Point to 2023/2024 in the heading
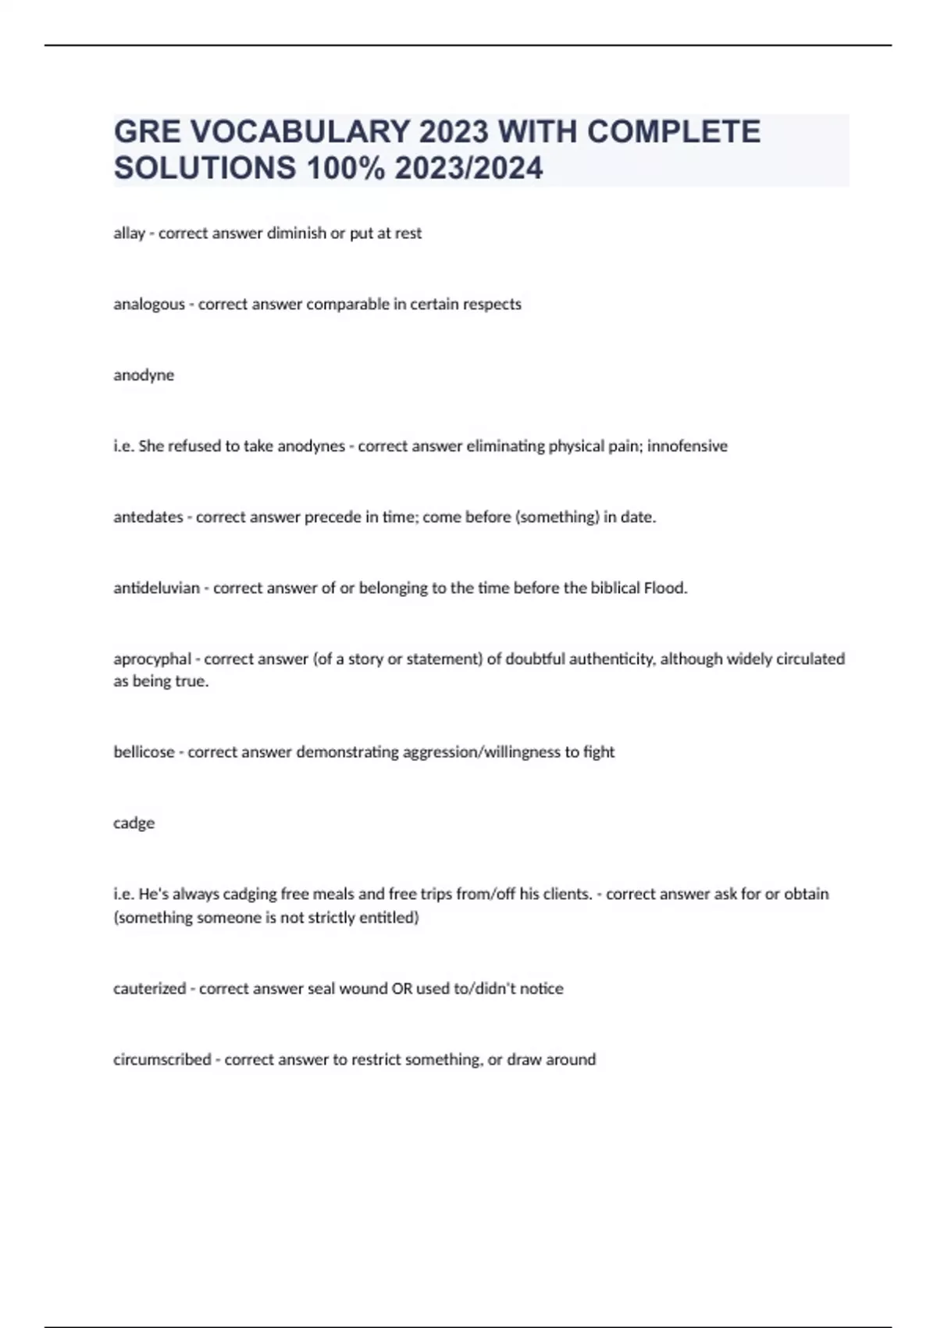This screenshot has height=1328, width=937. coord(468,168)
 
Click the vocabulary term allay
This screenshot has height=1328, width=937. coord(129,234)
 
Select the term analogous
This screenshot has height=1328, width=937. coord(149,305)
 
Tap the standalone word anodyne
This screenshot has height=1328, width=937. coord(144,376)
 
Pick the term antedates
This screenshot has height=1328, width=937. coord(148,517)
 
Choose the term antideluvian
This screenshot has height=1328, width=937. coord(156,588)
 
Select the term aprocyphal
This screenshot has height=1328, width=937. coord(152,659)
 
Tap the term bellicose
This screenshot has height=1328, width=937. coord(144,752)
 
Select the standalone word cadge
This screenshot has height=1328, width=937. coord(134,823)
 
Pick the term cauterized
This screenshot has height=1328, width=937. coord(150,989)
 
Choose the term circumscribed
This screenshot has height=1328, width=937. coord(162,1060)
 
